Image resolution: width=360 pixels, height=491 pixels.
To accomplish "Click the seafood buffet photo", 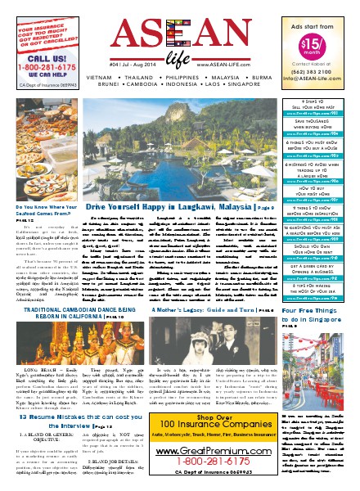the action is [46, 156].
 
